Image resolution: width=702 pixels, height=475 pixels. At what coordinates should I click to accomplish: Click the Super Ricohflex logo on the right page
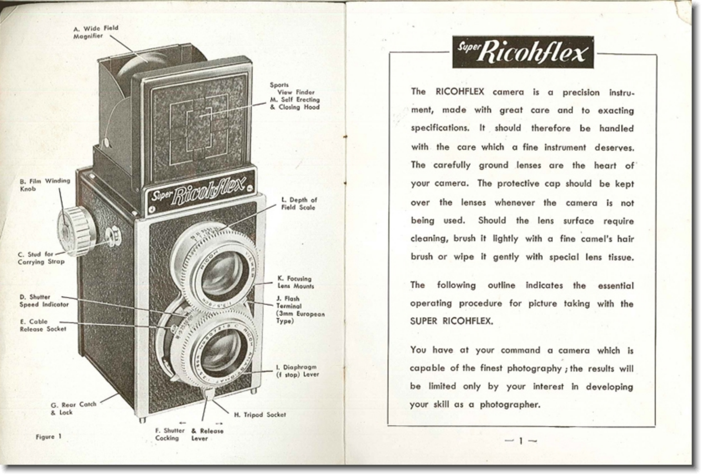point(522,52)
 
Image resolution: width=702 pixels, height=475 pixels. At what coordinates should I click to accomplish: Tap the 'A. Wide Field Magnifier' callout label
point(95,32)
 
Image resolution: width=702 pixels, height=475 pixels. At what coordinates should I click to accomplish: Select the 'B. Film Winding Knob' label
point(45,185)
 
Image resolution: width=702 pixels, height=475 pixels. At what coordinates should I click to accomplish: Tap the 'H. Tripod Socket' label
point(260,415)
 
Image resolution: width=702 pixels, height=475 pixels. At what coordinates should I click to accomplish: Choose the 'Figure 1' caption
point(49,437)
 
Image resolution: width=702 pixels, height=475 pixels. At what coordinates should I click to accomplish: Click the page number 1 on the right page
point(521,441)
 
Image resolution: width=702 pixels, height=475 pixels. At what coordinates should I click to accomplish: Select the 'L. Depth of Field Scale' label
point(299,204)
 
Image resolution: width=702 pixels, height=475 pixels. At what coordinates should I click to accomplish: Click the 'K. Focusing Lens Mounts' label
point(295,283)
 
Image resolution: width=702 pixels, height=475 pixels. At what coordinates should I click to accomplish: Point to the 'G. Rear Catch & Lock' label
point(73,408)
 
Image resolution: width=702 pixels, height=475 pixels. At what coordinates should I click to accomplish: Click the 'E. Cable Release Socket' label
point(43,326)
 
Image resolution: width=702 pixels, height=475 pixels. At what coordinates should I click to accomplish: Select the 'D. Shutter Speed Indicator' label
point(44,301)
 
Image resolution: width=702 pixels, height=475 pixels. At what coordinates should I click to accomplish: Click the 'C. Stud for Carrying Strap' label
point(41,258)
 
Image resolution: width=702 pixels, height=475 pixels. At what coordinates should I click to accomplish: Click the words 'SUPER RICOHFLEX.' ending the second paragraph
point(451,321)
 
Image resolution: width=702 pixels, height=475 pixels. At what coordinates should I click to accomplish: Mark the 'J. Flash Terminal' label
point(300,310)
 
